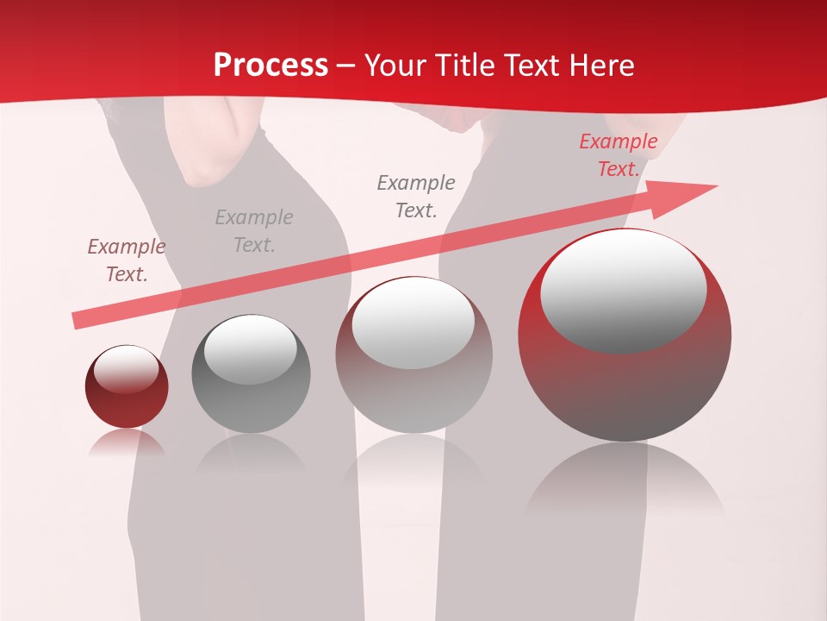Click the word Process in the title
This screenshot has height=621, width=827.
(x=270, y=66)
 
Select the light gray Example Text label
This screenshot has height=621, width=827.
(x=254, y=231)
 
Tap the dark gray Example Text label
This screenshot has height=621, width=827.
(x=416, y=197)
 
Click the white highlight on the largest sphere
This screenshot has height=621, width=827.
(x=623, y=289)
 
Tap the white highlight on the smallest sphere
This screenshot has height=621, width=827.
(x=126, y=369)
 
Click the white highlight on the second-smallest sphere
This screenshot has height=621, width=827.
(x=250, y=349)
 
